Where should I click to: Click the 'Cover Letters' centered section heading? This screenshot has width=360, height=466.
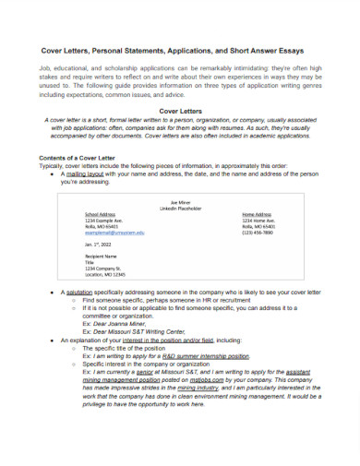(x=180, y=111)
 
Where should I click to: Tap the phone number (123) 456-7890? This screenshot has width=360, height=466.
(x=259, y=233)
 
